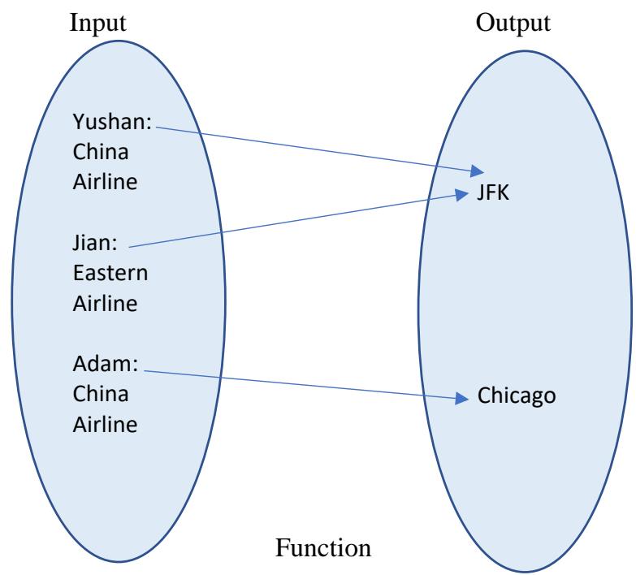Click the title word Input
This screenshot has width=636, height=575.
pyautogui.click(x=98, y=22)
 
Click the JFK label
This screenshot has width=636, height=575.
pyautogui.click(x=493, y=195)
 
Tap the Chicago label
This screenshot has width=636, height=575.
pyautogui.click(x=516, y=397)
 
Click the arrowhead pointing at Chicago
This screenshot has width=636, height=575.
pyautogui.click(x=465, y=398)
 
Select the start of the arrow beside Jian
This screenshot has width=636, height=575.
pyautogui.click(x=130, y=247)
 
